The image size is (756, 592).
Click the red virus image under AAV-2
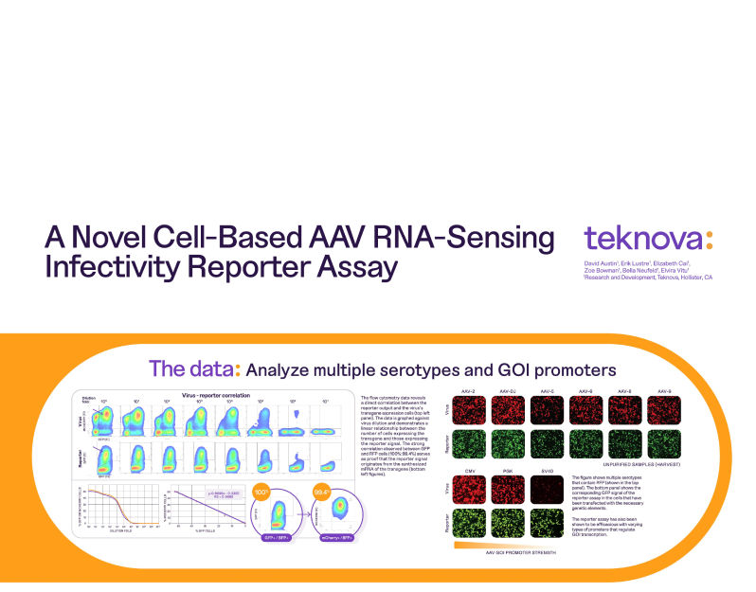(x=467, y=410)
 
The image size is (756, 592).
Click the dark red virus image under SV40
(x=549, y=490)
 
